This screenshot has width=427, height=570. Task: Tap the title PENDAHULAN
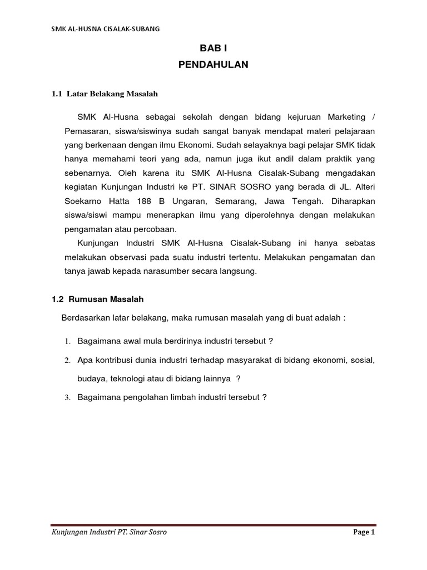(213, 65)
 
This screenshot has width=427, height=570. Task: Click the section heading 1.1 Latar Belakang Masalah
(105, 94)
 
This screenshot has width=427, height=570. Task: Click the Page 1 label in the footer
(365, 532)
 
